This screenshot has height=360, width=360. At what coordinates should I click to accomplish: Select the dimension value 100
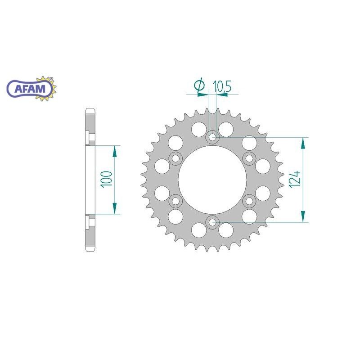click(107, 180)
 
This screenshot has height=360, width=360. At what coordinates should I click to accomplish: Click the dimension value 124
click(294, 180)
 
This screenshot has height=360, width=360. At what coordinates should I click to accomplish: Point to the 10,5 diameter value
click(222, 85)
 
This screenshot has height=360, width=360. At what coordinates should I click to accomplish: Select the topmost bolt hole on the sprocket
click(212, 137)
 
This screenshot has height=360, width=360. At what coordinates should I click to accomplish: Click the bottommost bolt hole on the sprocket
click(212, 221)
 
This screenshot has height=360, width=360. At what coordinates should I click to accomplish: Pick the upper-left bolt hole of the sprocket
click(176, 158)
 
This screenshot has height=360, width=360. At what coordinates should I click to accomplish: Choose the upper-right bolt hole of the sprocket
click(249, 158)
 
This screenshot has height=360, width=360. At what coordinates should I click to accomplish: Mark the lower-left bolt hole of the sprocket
click(176, 200)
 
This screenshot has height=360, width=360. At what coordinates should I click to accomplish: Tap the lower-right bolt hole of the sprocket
click(249, 200)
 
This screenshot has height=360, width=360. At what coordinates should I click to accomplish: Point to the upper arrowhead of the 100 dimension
click(115, 151)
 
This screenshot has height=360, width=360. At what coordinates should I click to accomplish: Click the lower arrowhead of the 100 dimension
click(115, 208)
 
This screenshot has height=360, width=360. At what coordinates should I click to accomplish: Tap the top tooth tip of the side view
click(90, 109)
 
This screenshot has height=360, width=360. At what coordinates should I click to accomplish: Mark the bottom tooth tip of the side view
click(90, 251)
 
